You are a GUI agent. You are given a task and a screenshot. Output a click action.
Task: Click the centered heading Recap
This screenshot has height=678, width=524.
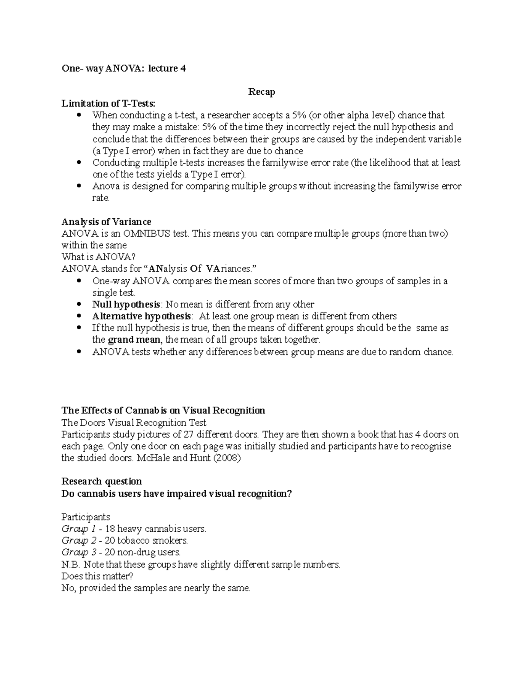click(x=262, y=92)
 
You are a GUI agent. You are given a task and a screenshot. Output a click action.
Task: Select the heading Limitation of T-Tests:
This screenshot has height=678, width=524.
click(x=108, y=103)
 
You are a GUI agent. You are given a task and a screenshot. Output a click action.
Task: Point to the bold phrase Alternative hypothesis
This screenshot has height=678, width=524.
click(x=141, y=316)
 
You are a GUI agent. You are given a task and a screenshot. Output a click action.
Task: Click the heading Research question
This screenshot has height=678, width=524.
click(x=102, y=481)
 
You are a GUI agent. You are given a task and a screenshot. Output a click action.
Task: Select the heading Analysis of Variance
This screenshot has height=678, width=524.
click(x=107, y=222)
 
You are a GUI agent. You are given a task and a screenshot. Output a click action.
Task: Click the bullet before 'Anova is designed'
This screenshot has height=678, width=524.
click(x=79, y=186)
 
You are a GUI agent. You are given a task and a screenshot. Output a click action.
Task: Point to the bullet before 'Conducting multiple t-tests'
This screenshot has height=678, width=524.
click(x=79, y=162)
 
